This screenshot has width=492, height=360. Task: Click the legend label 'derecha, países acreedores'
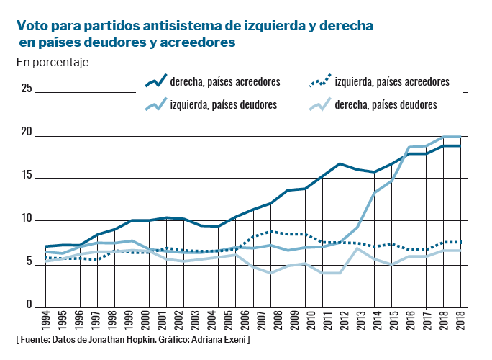225,82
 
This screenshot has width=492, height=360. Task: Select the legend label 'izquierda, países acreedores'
392,82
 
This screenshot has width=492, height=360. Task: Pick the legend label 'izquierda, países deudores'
224,105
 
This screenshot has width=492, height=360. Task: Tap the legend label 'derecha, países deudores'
386,105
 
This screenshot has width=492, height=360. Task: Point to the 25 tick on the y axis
27,89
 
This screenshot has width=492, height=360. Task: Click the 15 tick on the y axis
27,176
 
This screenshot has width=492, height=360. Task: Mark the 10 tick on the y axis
27,219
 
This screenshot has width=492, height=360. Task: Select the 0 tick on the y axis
29,306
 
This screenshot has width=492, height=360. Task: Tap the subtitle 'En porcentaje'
52,63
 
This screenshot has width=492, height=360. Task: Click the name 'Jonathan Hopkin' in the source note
122,338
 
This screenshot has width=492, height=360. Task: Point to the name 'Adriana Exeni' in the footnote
219,338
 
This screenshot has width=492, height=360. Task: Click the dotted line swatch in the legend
319,81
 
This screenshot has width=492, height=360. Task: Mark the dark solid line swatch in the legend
155,81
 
